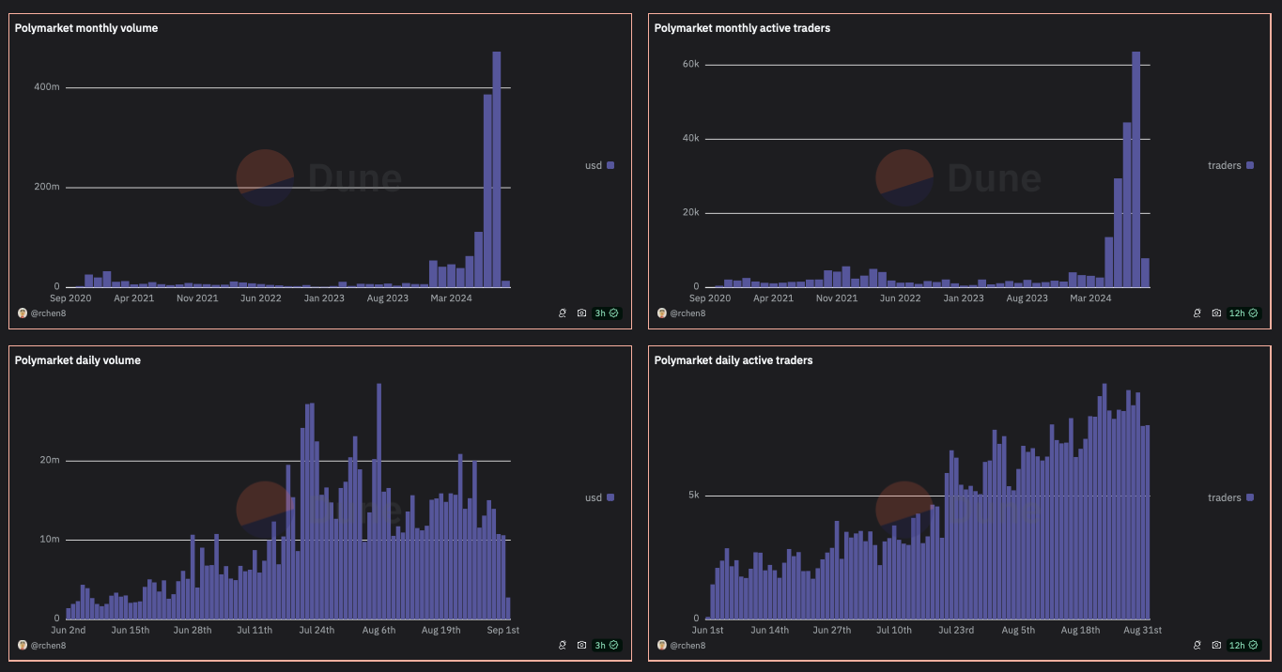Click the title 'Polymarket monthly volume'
coord(86,28)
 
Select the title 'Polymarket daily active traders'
coord(734,360)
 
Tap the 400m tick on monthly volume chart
coord(48,87)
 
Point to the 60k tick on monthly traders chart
coord(690,64)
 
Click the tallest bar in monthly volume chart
coord(497,169)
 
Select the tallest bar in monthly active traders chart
coord(1135,169)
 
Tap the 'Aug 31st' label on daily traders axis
coord(1143,630)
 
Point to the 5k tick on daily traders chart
coord(693,495)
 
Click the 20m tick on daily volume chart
coord(49,460)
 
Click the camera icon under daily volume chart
coord(581,645)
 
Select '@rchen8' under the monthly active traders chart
coord(687,313)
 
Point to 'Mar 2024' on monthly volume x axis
coord(451,298)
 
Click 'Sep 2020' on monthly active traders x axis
coord(710,298)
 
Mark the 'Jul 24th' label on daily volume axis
coord(316,630)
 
